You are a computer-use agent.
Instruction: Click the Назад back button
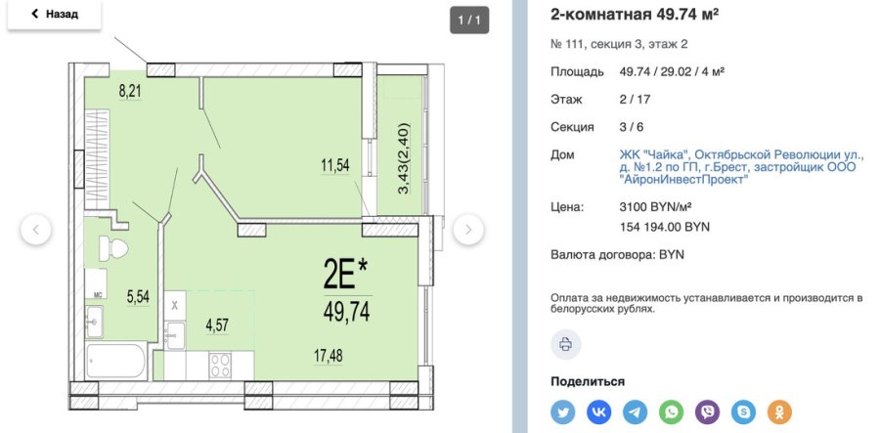point(55,15)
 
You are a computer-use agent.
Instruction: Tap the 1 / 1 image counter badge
point(469,20)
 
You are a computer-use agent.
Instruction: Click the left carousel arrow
point(36,230)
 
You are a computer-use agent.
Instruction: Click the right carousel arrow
point(468,230)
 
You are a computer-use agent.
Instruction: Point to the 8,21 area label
point(131,93)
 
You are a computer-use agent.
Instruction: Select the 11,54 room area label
point(334,165)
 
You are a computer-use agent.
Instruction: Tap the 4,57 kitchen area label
point(218,325)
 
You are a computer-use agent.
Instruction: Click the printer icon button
point(565,343)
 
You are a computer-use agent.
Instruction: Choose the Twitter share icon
point(563,411)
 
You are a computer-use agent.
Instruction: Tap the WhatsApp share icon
point(672,411)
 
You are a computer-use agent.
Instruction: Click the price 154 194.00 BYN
point(665,227)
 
